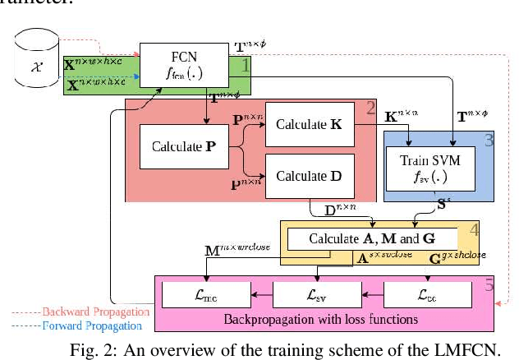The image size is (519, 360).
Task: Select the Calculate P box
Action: point(183,148)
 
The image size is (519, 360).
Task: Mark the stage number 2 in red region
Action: point(370,108)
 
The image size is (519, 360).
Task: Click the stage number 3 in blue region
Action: point(489,139)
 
